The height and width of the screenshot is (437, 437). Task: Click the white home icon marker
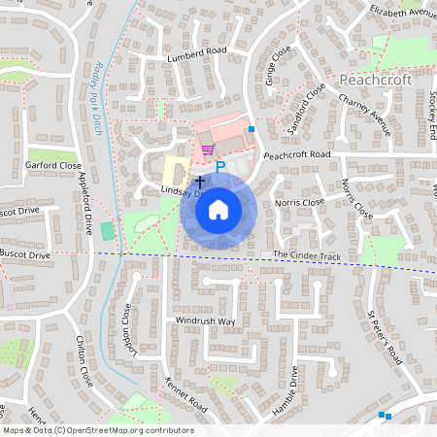218,209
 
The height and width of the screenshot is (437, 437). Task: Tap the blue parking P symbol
219,168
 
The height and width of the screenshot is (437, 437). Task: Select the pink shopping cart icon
208,150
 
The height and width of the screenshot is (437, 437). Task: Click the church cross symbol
200,181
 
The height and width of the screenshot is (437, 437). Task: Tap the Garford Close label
54,166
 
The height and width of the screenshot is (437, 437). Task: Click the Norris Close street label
299,202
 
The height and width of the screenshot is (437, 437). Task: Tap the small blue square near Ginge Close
252,128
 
